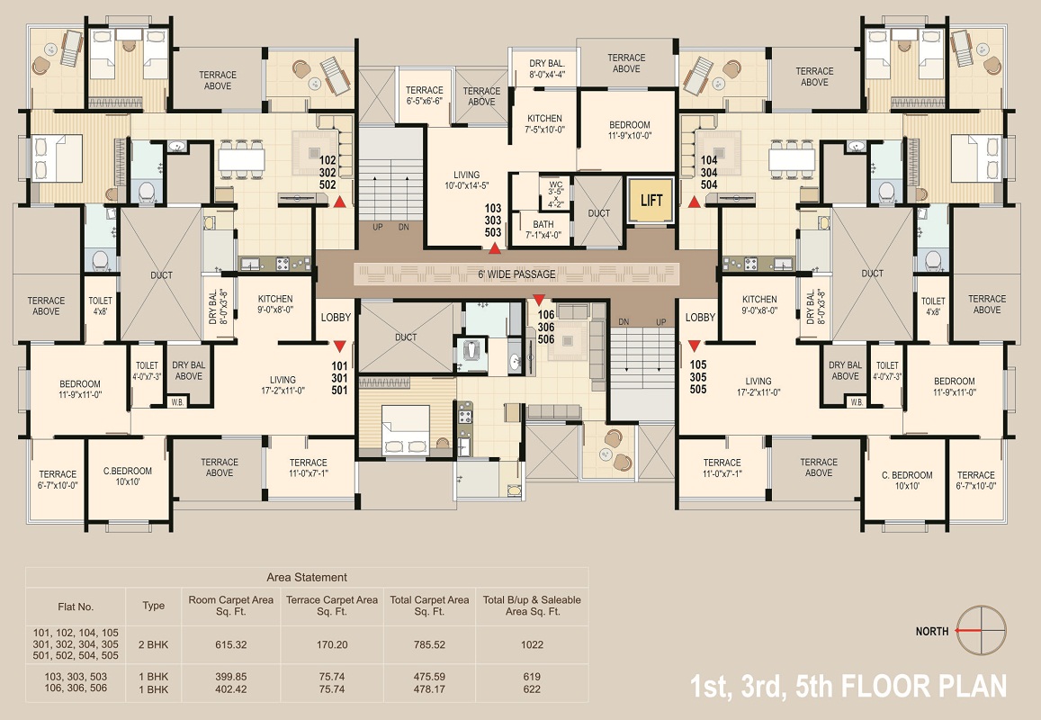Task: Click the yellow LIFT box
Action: [x=651, y=200]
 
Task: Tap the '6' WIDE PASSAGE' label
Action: [x=516, y=274]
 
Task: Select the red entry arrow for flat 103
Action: [x=494, y=248]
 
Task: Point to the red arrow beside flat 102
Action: [x=339, y=202]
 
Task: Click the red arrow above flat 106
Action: [x=539, y=300]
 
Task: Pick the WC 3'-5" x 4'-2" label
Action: [x=555, y=194]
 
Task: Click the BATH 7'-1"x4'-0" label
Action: [x=543, y=229]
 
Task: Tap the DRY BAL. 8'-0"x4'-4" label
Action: [x=546, y=69]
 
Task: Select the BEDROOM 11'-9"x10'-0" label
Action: [x=630, y=130]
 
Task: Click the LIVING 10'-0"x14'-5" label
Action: [x=466, y=181]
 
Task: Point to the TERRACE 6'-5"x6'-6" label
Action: [x=425, y=95]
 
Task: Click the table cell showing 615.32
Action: [x=231, y=645]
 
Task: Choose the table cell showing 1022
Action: [x=532, y=645]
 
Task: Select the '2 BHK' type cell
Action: [x=153, y=645]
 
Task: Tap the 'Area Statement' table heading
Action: [x=307, y=578]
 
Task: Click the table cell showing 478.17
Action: [x=429, y=689]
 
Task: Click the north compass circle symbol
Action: [x=982, y=630]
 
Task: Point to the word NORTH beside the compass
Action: [x=931, y=632]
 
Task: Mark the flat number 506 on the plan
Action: [x=546, y=339]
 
